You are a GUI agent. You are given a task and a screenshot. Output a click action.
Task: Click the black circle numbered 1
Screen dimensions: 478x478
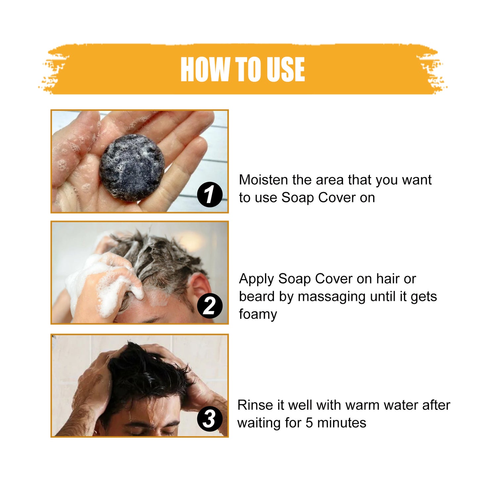click(x=210, y=195)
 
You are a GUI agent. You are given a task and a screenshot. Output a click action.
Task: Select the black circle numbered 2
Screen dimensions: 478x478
click(x=210, y=306)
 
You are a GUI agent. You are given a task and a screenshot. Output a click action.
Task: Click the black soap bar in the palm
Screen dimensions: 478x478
click(x=132, y=167)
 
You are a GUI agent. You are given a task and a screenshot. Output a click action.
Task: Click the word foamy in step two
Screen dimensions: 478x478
click(x=258, y=314)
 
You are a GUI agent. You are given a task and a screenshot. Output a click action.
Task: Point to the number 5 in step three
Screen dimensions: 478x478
click(x=309, y=423)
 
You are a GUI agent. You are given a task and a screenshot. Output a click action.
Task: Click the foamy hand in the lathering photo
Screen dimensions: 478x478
click(x=106, y=284)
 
